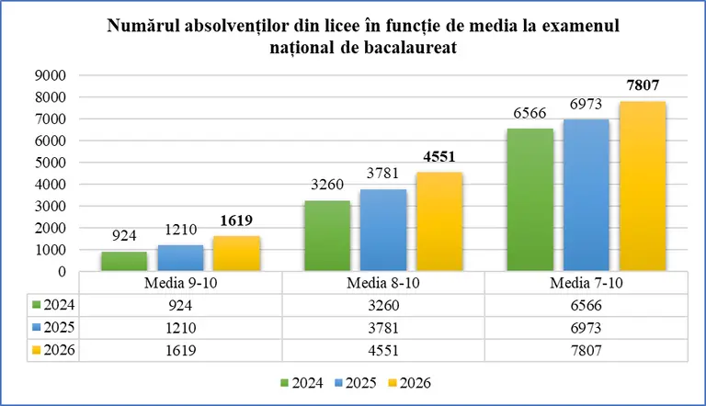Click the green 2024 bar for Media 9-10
(124, 262)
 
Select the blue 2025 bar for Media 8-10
(383, 231)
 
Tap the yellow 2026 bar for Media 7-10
(643, 186)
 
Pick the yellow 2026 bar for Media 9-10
(236, 254)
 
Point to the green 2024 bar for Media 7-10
(530, 200)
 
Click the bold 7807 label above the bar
(643, 85)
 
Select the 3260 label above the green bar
(327, 184)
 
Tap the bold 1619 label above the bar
(236, 220)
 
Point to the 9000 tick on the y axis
(51, 75)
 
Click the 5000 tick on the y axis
(51, 163)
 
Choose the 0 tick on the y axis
(63, 272)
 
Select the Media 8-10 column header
(383, 283)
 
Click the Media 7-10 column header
(586, 283)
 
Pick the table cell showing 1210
(180, 328)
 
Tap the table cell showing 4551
(383, 350)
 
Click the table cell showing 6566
(586, 305)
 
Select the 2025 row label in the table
(53, 327)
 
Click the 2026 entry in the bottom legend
(409, 383)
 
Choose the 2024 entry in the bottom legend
(302, 383)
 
